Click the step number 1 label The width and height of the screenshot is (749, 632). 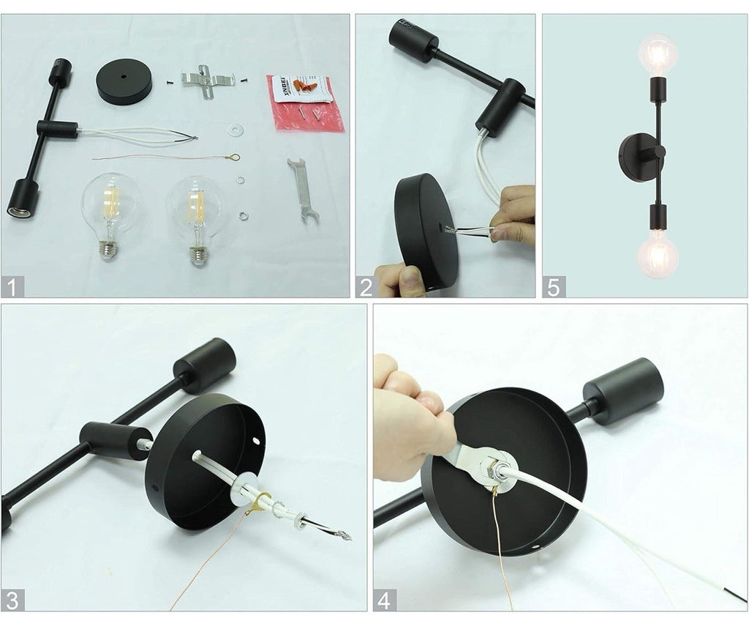(x=12, y=286)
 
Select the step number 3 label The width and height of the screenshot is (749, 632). (x=12, y=600)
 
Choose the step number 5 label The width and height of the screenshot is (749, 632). (x=554, y=286)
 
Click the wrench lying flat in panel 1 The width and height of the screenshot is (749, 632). (x=301, y=189)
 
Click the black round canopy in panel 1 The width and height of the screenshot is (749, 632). (x=124, y=81)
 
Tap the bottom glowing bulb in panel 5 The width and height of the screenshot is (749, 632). (x=657, y=254)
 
